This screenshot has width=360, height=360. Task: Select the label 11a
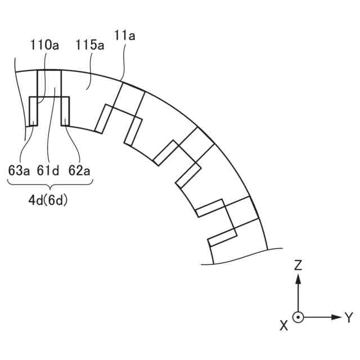click(x=124, y=36)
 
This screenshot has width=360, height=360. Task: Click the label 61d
click(x=48, y=170)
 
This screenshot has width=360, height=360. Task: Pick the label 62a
click(x=79, y=170)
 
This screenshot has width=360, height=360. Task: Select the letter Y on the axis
click(x=349, y=318)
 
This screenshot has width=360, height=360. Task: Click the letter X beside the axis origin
click(x=284, y=325)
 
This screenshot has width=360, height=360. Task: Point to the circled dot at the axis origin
click(x=299, y=317)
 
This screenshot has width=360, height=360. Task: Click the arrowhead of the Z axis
click(x=299, y=278)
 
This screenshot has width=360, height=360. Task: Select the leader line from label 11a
click(x=123, y=62)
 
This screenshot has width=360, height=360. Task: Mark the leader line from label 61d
click(x=51, y=129)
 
